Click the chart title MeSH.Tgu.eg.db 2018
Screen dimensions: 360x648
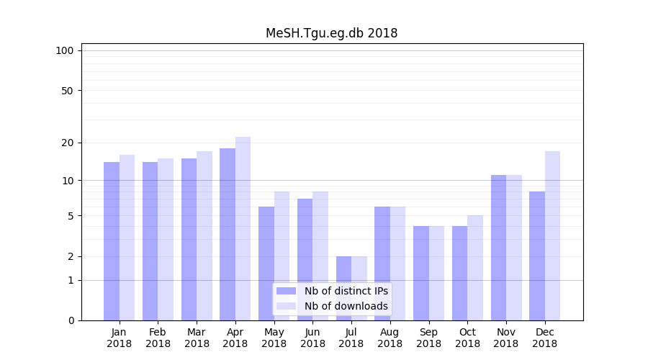331,33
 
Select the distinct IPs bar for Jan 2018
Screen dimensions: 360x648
112,241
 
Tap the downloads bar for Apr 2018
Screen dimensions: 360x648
243,228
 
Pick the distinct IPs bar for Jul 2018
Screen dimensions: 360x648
343,288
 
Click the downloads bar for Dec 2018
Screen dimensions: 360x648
552,235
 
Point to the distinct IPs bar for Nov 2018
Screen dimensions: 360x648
498,248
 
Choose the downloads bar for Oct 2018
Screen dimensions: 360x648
475,268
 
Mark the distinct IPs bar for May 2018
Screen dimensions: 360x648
266,264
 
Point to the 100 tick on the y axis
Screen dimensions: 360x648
65,50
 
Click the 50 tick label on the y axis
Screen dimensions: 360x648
67,91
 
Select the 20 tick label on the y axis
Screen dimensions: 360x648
67,143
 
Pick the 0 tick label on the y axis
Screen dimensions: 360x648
71,320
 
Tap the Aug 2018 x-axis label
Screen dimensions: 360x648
390,338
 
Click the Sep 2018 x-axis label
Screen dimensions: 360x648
428,338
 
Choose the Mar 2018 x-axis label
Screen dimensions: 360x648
197,338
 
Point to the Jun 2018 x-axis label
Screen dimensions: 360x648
312,338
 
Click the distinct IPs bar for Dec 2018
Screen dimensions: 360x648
537,256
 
